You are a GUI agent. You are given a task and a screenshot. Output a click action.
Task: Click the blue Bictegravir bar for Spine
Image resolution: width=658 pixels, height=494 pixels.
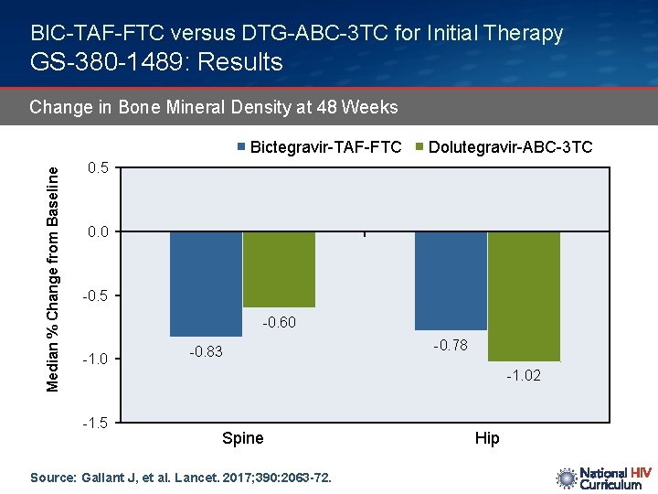click(206, 284)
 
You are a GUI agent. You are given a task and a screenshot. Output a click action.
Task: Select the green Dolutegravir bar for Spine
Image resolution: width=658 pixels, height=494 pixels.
click(279, 269)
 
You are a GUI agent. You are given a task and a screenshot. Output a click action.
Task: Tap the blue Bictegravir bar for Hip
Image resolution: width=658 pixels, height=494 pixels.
click(451, 280)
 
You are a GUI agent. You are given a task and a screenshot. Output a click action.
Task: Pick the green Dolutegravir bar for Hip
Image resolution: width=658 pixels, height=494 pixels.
click(524, 295)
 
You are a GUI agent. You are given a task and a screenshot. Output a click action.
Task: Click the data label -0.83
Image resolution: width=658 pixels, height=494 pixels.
click(206, 352)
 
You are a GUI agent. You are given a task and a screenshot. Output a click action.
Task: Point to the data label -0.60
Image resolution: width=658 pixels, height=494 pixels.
click(279, 322)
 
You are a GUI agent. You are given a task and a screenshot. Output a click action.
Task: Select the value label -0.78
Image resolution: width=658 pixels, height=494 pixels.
click(451, 345)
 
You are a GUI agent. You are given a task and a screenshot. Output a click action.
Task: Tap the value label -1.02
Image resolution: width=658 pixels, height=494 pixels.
click(524, 376)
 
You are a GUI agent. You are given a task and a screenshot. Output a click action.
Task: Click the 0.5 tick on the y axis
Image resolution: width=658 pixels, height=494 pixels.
click(98, 168)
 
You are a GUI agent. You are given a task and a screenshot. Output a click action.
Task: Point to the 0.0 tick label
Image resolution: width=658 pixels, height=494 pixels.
click(98, 232)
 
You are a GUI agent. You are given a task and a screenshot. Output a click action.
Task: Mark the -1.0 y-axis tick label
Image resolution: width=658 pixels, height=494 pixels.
click(95, 359)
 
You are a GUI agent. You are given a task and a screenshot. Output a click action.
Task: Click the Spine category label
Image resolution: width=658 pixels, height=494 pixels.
click(242, 438)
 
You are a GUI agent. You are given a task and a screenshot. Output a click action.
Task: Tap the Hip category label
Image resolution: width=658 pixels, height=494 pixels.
click(487, 438)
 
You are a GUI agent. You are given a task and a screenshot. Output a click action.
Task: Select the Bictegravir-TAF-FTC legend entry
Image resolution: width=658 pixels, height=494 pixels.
click(319, 147)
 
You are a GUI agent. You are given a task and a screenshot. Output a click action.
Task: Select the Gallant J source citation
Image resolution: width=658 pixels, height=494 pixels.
click(181, 478)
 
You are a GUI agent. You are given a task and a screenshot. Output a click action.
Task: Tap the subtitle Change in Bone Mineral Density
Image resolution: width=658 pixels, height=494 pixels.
click(214, 107)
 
